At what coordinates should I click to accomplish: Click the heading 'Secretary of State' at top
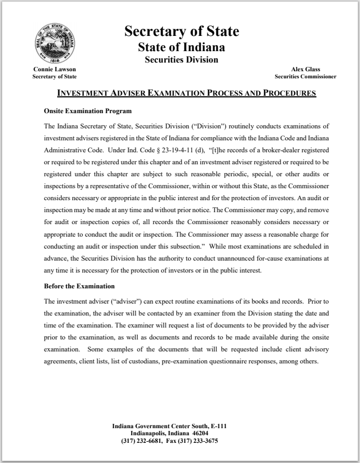181,32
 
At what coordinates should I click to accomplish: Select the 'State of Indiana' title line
181,47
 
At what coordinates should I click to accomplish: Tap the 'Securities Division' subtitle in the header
181,60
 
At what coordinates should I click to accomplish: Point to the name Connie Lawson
54,70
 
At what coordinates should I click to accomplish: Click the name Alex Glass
306,70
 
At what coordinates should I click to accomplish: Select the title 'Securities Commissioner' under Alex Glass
306,77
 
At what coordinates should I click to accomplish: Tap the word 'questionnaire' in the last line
210,361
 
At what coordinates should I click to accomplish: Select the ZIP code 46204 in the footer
198,434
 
